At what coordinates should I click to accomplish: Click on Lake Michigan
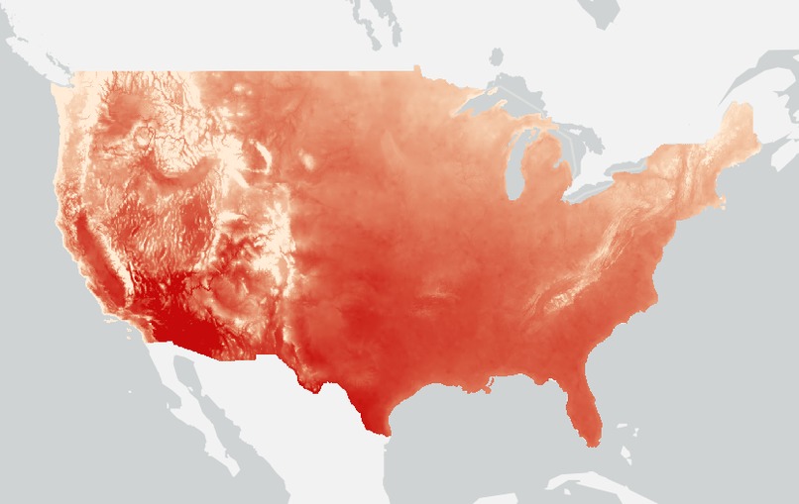(x=514, y=163)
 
